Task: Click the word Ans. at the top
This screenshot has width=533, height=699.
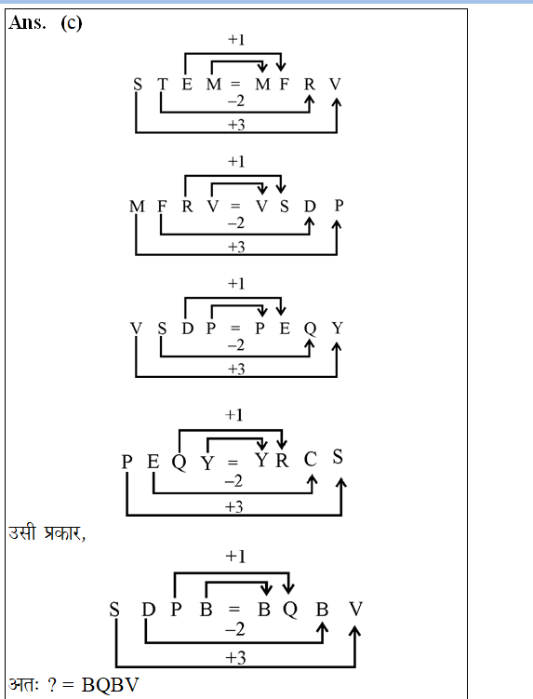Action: pos(27,22)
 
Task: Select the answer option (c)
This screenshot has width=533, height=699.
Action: pos(72,22)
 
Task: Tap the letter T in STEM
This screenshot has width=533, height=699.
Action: pos(162,84)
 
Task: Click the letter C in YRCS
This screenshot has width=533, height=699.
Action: pos(310,460)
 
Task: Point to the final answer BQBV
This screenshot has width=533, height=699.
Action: pos(110,685)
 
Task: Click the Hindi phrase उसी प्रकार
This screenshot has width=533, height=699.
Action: pos(47,532)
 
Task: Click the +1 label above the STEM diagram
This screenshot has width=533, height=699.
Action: pos(236,40)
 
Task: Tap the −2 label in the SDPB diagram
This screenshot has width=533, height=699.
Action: pos(234,629)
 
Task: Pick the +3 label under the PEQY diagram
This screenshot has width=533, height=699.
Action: pos(234,507)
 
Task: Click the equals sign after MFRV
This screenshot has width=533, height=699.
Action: pos(235,206)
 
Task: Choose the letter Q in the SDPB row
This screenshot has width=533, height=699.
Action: pos(290,609)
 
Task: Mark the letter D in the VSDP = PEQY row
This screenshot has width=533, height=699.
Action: pos(188,329)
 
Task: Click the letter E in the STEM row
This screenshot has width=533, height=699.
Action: pos(187,84)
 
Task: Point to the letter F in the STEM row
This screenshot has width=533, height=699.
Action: pos(284,84)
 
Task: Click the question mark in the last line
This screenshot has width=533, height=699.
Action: pos(52,685)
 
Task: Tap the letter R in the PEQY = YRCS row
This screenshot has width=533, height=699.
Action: pos(282,460)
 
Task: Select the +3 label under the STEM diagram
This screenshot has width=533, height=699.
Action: pos(236,125)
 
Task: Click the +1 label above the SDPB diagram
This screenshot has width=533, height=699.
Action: pos(235,557)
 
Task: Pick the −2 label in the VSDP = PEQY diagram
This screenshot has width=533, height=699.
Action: pos(235,345)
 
